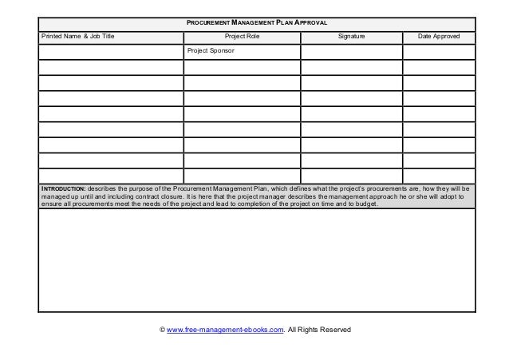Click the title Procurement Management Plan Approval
255,22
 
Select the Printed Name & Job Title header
78,37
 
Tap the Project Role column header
243,37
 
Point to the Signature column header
351,37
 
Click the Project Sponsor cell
211,50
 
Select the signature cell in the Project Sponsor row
351,52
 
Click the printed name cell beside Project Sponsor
111,52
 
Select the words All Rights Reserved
319,329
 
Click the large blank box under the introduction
255,260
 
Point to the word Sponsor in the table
221,50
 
